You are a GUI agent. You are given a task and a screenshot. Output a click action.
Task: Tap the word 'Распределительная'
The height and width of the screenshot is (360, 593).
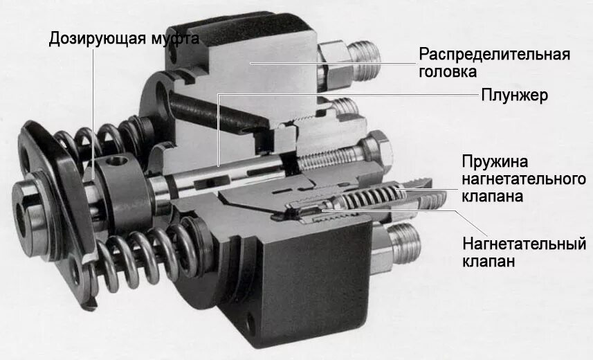tap(494, 54)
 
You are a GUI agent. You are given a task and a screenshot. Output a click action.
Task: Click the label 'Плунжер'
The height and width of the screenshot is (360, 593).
tap(515, 95)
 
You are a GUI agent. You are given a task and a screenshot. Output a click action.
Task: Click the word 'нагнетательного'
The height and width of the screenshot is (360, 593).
tap(520, 179)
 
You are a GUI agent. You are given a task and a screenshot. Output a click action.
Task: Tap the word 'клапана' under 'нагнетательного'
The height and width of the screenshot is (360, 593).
tap(491, 197)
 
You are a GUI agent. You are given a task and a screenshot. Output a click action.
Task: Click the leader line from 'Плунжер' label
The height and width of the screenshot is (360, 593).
tap(346, 95)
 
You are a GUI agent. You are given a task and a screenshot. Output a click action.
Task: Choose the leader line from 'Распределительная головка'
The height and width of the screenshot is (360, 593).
tap(332, 62)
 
